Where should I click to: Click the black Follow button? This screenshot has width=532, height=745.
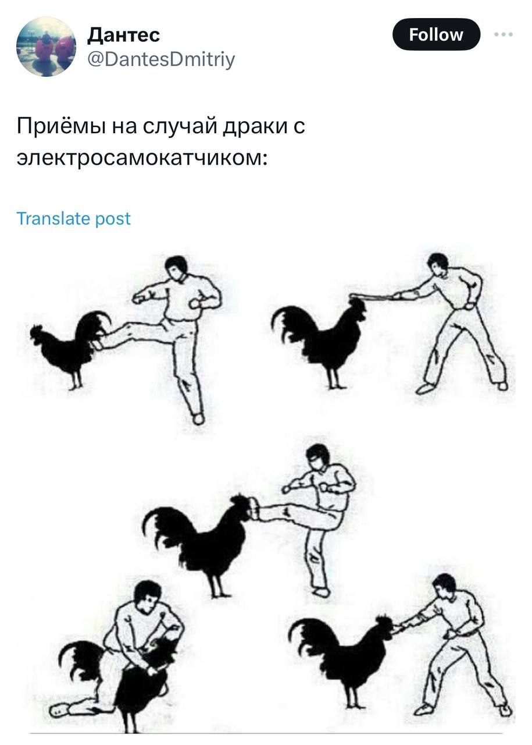point(436,34)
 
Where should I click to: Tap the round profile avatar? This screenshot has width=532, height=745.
point(46,47)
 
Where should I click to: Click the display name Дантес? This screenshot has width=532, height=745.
point(123,35)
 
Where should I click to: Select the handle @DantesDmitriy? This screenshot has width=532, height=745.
point(161,59)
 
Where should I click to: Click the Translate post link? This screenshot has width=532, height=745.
point(73,218)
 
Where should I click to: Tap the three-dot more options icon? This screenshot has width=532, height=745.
point(504,34)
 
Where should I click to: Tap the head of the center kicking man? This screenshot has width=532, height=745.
point(318,457)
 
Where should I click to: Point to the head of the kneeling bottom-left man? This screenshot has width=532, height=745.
point(148,595)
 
